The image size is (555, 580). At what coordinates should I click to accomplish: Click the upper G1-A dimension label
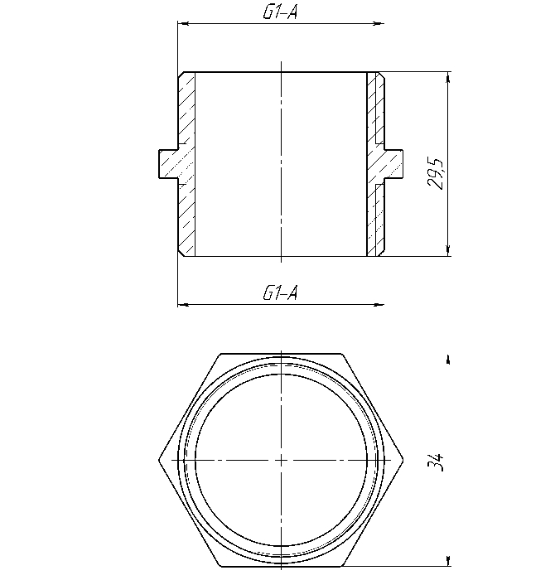click(280, 12)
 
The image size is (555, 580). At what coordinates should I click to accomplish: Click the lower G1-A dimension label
click(280, 293)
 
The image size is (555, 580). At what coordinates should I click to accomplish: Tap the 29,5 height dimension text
click(435, 173)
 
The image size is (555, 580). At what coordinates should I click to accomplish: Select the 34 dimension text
click(435, 462)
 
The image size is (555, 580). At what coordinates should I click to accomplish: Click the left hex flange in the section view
click(169, 164)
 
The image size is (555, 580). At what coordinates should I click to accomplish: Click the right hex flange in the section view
click(393, 164)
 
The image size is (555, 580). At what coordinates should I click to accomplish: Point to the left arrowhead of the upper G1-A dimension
click(184, 24)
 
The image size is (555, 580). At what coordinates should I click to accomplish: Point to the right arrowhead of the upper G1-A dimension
click(379, 24)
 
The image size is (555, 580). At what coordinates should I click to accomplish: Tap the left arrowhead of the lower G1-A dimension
click(184, 305)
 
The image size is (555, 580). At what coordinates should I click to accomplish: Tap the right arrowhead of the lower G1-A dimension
click(379, 305)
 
